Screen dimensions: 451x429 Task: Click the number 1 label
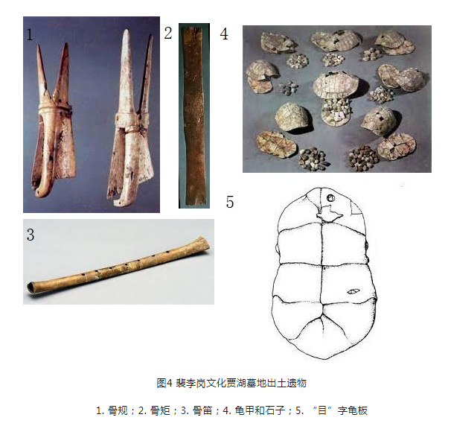(x=30, y=35)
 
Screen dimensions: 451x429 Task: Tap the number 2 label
(x=168, y=33)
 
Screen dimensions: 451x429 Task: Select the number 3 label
(x=31, y=235)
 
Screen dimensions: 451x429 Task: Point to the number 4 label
(x=224, y=34)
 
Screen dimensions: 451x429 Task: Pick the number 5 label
(x=230, y=202)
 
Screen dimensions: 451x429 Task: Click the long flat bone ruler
(x=194, y=115)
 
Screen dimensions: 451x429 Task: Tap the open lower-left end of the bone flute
(x=31, y=288)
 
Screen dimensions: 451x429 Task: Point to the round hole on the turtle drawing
(x=330, y=198)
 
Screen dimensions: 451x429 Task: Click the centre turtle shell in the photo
(x=336, y=84)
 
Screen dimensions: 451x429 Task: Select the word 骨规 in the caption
(x=118, y=410)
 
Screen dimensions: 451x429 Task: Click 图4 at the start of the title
(x=164, y=384)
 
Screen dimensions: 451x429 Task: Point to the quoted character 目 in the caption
(x=322, y=410)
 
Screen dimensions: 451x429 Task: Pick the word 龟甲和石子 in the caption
(x=260, y=410)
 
